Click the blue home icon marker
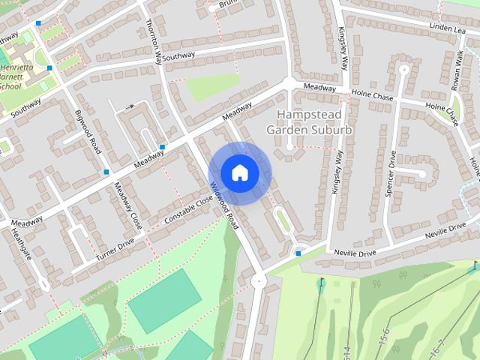(x=239, y=173)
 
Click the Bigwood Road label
(x=88, y=131)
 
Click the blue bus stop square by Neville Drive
(x=298, y=253)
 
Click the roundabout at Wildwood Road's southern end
(x=259, y=281)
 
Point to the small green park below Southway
(x=212, y=87)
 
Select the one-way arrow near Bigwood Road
(x=130, y=106)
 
